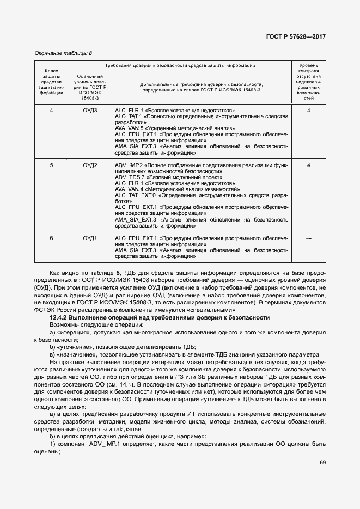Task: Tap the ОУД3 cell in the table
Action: pyautogui.click(x=90, y=111)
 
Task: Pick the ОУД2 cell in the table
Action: pyautogui.click(x=90, y=165)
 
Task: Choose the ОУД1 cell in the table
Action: pyautogui.click(x=90, y=238)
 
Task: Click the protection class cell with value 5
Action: pyautogui.click(x=51, y=165)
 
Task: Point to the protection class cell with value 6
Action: pyautogui.click(x=51, y=238)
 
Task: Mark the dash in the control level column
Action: pyautogui.click(x=309, y=238)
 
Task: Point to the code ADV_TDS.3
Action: pyautogui.click(x=129, y=177)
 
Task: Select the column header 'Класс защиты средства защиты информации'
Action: pyautogui.click(x=51, y=82)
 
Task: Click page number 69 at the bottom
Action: pyautogui.click(x=322, y=463)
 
